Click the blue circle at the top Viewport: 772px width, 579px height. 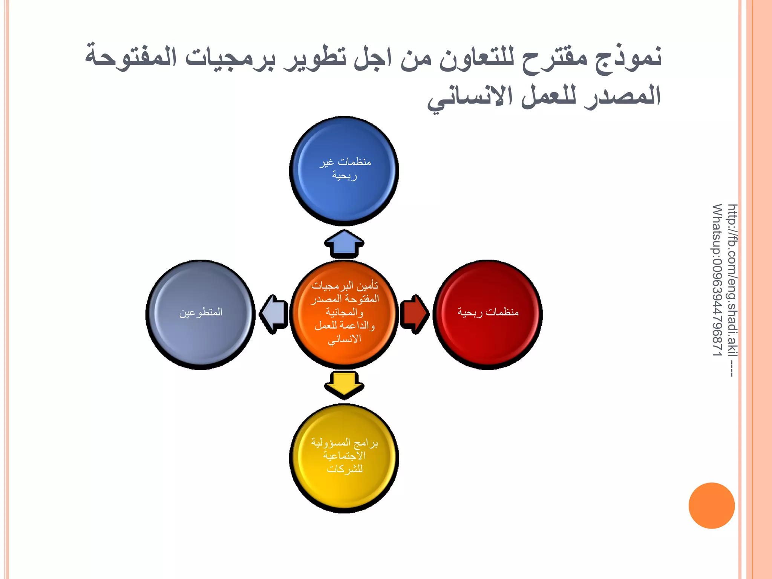pyautogui.click(x=344, y=171)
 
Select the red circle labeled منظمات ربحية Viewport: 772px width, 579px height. pyautogui.click(x=487, y=314)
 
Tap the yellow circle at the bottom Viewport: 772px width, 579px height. pyautogui.click(x=344, y=458)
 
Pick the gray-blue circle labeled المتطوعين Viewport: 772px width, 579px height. pyautogui.click(x=201, y=314)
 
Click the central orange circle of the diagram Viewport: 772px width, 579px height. pyautogui.click(x=344, y=314)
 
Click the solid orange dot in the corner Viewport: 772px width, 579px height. pyautogui.click(x=711, y=505)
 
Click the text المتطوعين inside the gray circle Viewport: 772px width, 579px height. pyautogui.click(x=201, y=312)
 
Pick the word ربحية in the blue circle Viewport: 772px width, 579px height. pyautogui.click(x=344, y=176)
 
